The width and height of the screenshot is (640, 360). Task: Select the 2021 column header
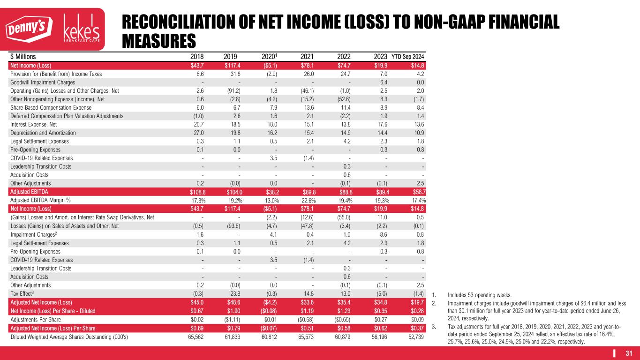[x=307, y=57]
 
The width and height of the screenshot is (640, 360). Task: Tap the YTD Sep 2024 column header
[x=407, y=57]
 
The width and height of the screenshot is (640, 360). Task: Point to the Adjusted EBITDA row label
[x=29, y=192]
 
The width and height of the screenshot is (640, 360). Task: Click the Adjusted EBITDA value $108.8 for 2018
[x=194, y=192]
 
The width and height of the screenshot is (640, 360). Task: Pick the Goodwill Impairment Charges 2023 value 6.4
[x=381, y=82]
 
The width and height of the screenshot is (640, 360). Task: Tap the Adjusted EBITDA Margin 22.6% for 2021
[x=307, y=200]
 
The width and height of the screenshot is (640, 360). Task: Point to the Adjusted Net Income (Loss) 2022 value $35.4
[x=344, y=301]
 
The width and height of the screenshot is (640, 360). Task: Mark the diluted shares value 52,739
[x=414, y=335]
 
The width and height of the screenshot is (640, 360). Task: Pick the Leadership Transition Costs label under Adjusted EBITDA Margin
[x=41, y=268]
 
